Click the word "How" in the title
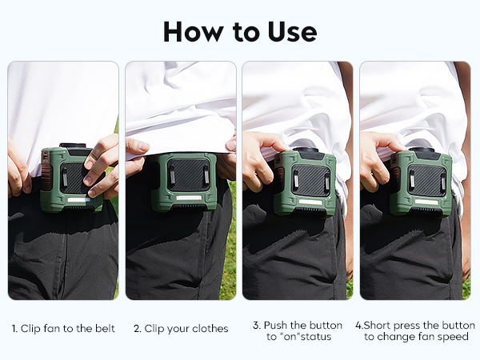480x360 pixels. coord(194,32)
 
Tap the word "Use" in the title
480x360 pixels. coord(292,32)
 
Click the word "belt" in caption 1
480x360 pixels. coord(105,329)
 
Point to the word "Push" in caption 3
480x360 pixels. coord(275,325)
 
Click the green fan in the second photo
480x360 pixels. coord(184,182)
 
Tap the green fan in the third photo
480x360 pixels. coord(305,182)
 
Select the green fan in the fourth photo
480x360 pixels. coord(421,182)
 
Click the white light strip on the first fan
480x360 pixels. coord(79,199)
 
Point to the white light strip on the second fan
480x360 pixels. coord(189,198)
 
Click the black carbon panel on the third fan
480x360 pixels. coord(310,180)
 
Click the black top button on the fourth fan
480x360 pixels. coord(422,150)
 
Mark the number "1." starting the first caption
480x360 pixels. coord(14,329)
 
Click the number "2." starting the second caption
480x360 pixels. coord(138,329)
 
